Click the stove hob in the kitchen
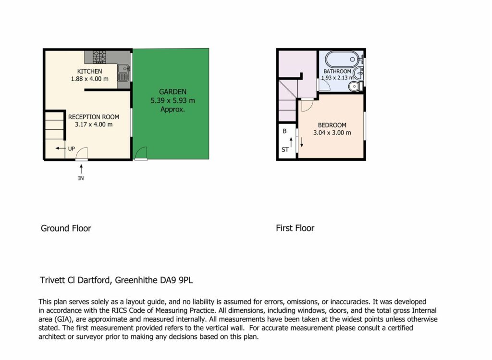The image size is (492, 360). pos(99,57)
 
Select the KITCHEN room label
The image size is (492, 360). pos(89,71)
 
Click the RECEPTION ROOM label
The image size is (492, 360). pos(94,117)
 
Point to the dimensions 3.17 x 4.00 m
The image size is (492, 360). pos(94,124)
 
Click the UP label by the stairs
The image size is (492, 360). pos(72,149)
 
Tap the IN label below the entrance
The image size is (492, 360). pos(81,178)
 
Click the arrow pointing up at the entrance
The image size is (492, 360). pos(81,169)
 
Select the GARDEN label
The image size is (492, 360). pos(172,92)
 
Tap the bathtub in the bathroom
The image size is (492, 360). pos(342,59)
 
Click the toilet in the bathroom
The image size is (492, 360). pos(356,86)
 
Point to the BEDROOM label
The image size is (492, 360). pos(332,125)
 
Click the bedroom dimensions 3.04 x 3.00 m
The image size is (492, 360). pos(332,133)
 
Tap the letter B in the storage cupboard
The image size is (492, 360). pos(284,131)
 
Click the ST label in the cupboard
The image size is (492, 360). pos(285,149)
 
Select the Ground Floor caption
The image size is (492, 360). pos(66,228)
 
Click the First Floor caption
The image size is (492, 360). pos(295,228)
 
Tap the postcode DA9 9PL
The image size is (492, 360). pos(176,280)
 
